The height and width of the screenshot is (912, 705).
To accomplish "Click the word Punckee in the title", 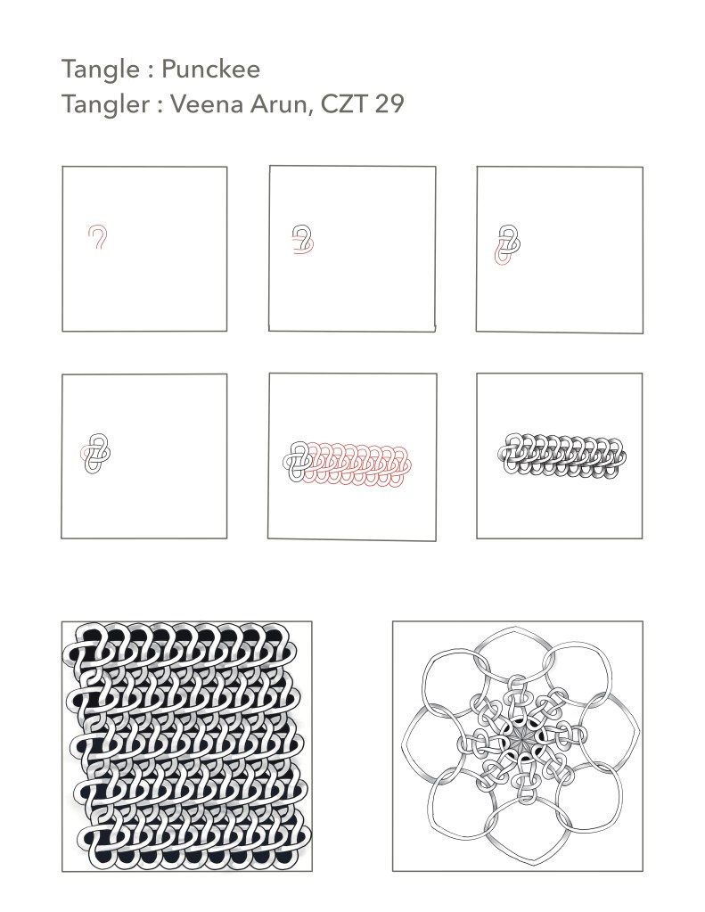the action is coord(210,70).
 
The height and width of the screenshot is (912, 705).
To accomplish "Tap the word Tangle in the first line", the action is coord(101,70).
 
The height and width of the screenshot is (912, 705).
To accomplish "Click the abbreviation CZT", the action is coord(343,104).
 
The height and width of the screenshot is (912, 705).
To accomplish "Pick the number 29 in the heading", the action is coord(389,104).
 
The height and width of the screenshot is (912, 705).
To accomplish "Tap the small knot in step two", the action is coord(302,240).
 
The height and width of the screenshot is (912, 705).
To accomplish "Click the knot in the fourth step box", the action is coord(95,453).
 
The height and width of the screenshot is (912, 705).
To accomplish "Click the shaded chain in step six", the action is coord(562,456).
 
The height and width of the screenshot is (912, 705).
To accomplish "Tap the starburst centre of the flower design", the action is coord(518,740).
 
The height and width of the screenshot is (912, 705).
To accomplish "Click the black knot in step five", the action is coord(298,461).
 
